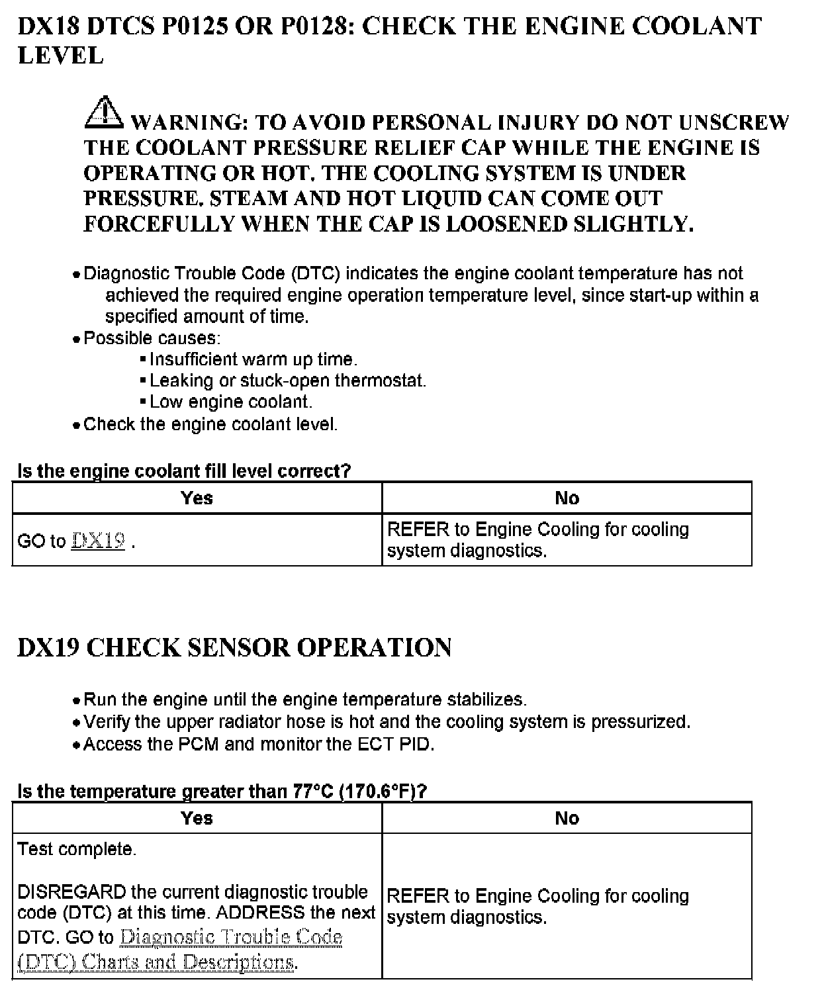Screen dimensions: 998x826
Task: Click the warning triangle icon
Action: point(103,113)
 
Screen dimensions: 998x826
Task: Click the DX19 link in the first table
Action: point(99,541)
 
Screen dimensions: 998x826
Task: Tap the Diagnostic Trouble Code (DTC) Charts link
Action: point(179,949)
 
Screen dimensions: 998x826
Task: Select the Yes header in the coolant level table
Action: point(197,498)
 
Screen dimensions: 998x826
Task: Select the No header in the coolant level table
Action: point(567,498)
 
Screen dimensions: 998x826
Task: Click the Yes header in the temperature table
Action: point(197,818)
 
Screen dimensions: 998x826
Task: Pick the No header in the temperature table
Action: point(567,818)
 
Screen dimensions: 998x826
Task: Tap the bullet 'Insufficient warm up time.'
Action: point(253,359)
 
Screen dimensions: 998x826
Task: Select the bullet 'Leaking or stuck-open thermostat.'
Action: point(287,381)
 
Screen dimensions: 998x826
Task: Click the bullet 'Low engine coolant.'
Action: point(230,402)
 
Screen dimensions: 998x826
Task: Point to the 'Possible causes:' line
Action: point(152,338)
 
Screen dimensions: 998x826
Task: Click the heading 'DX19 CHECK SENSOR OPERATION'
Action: point(234,647)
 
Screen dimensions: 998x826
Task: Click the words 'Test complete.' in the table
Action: point(77,849)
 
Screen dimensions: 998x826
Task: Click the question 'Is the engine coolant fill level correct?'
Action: point(184,471)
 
